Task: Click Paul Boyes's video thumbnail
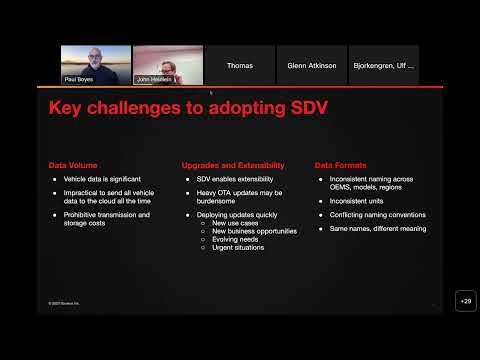point(96,65)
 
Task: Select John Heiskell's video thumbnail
point(168,65)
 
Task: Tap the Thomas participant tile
point(240,65)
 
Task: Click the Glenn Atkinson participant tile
point(311,65)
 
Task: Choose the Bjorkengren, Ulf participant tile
point(383,65)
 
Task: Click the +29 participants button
point(464,301)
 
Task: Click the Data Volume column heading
point(72,165)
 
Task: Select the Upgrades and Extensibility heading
point(233,165)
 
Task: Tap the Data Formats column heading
point(340,165)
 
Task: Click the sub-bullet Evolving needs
point(236,238)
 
